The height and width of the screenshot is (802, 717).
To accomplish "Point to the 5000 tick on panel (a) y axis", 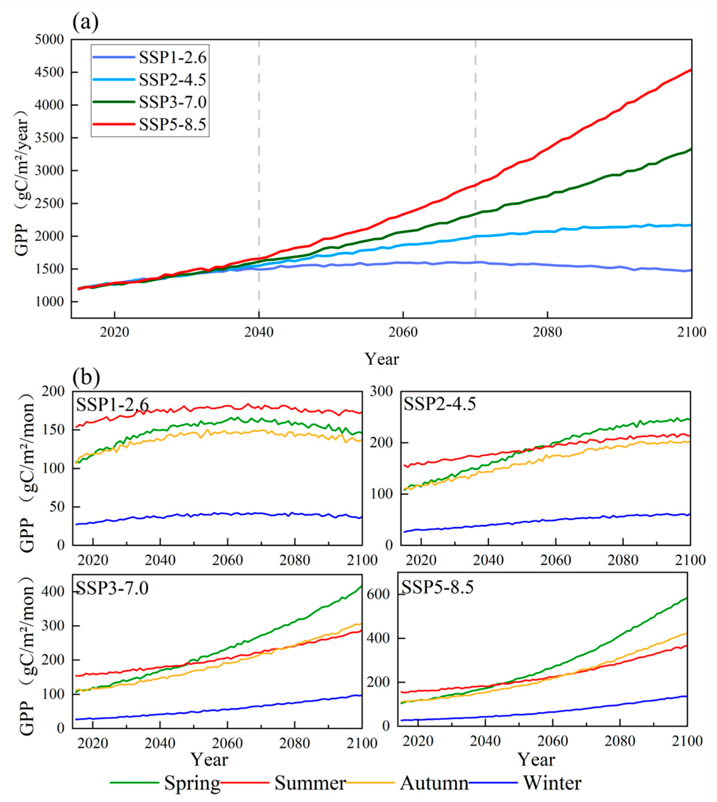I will tap(49, 40).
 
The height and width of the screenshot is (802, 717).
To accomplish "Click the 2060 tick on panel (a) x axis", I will tap(403, 332).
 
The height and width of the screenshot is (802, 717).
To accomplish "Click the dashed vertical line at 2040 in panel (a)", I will tap(259, 177).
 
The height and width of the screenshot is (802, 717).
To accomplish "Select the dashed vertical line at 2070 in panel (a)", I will tap(475, 177).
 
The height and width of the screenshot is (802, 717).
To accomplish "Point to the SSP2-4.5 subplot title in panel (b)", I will tap(440, 404).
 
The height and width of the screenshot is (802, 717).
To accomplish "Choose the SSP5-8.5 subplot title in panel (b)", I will tap(437, 587).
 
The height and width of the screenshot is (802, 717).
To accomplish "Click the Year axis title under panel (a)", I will tap(381, 359).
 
